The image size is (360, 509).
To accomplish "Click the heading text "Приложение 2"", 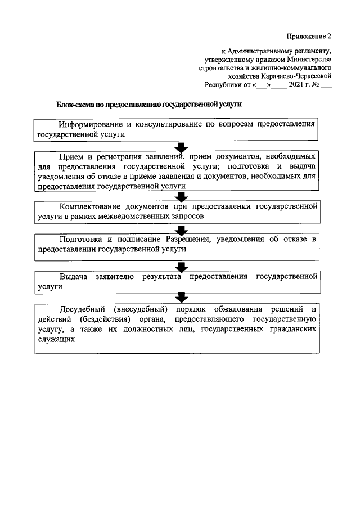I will pyautogui.click(x=309, y=37).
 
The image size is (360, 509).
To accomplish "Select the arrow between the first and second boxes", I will pyautogui.click(x=181, y=147).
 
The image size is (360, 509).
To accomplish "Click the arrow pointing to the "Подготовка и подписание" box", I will pyautogui.click(x=181, y=229).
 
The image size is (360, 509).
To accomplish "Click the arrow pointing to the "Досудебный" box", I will pyautogui.click(x=181, y=297).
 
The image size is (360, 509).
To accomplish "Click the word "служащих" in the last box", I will pyautogui.click(x=55, y=339).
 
